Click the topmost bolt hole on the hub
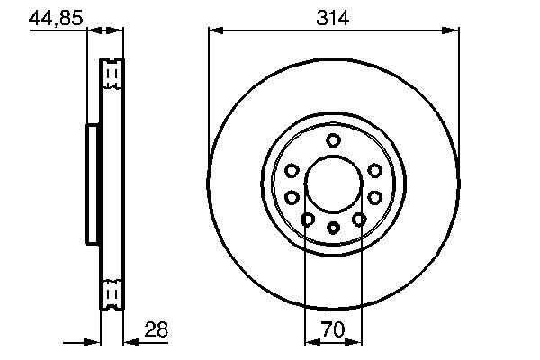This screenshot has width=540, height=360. (334, 139)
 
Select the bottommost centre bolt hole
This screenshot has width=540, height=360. (334, 227)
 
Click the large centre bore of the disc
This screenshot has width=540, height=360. (334, 184)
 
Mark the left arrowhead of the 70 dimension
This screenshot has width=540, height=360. (310, 342)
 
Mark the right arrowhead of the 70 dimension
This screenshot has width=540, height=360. (356, 342)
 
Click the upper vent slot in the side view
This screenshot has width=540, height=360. (112, 73)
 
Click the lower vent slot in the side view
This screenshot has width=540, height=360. (112, 293)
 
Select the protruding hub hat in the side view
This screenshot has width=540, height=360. (92, 184)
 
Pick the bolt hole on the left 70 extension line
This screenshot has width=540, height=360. (308, 219)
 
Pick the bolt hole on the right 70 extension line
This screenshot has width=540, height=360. (359, 219)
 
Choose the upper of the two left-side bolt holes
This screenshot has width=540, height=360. (292, 170)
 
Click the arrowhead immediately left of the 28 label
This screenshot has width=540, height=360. (127, 342)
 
